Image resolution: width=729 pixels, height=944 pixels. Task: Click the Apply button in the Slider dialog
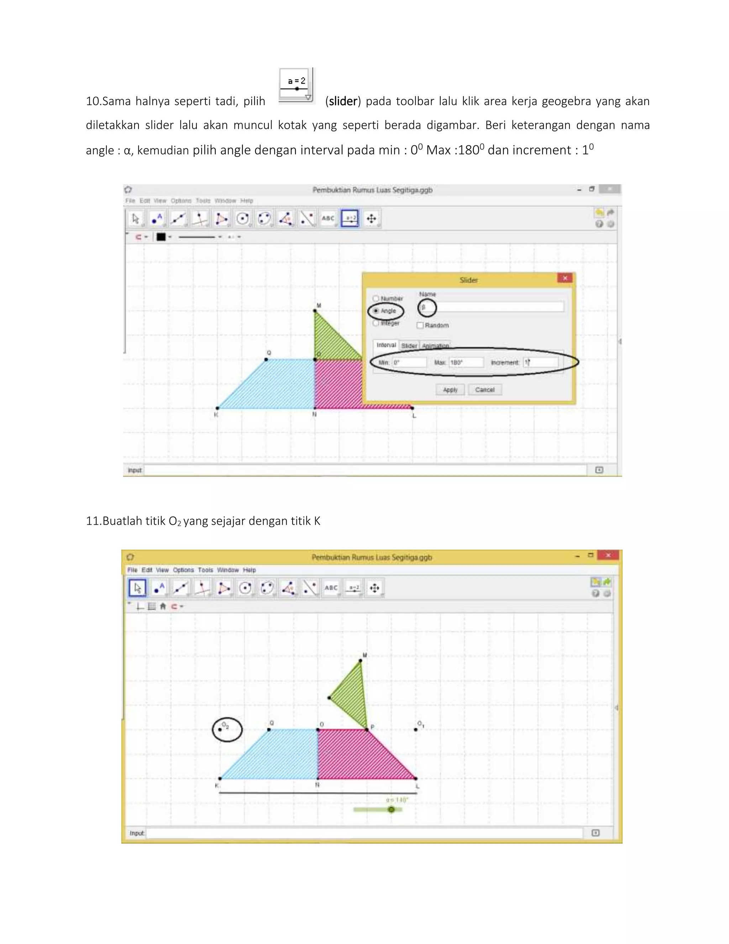coord(450,389)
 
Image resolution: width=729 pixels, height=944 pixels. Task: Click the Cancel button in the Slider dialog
coord(484,389)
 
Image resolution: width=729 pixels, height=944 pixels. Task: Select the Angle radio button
coord(376,311)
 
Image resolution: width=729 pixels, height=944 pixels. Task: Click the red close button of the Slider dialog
coord(565,278)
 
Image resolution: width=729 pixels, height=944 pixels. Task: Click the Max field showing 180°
coord(466,362)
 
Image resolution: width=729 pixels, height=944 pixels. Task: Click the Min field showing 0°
coord(409,362)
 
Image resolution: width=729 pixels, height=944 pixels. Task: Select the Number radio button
coord(376,298)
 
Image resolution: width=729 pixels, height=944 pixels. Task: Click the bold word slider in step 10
coord(343,101)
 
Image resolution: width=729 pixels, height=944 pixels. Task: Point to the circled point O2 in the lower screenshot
coord(220,730)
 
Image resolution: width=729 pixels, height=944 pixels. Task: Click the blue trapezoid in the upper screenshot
coord(272,385)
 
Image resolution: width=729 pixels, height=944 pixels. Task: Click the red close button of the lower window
coord(608,555)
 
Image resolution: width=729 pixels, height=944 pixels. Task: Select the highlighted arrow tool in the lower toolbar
coord(138,588)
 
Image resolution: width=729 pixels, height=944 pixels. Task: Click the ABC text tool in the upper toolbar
coord(328,218)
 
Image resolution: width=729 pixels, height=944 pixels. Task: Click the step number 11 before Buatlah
coord(93,521)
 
